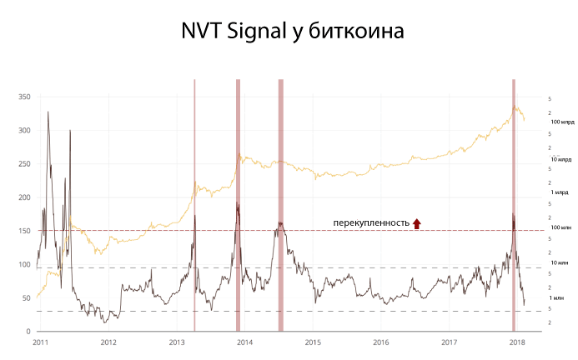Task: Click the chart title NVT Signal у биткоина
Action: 292,32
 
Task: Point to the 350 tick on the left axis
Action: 23,97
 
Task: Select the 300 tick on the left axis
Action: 23,131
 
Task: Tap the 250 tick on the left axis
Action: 23,164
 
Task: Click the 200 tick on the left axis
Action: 23,197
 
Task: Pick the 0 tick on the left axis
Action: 28,332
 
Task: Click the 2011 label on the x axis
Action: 40,342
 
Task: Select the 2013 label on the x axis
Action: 176,342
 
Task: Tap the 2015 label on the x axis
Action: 313,342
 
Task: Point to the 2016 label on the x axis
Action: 380,342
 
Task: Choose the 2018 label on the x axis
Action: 517,342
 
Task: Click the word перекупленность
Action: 371,223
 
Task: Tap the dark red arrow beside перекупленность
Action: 417,222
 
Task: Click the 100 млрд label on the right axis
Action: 562,122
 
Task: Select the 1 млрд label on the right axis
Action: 559,192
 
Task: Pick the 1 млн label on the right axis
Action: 558,297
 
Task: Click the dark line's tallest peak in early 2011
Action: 48,112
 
